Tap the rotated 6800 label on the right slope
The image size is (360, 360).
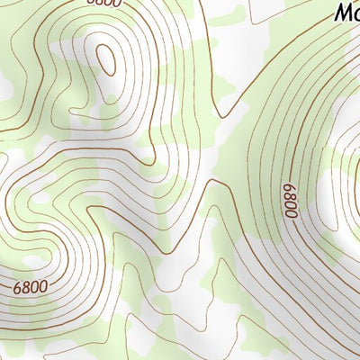(x=290, y=202)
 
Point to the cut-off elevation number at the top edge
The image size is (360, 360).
(x=102, y=3)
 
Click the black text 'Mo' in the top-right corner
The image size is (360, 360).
(x=346, y=12)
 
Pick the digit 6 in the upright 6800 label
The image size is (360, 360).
(x=18, y=290)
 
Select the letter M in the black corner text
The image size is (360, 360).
(x=342, y=12)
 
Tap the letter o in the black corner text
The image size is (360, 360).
(x=355, y=13)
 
